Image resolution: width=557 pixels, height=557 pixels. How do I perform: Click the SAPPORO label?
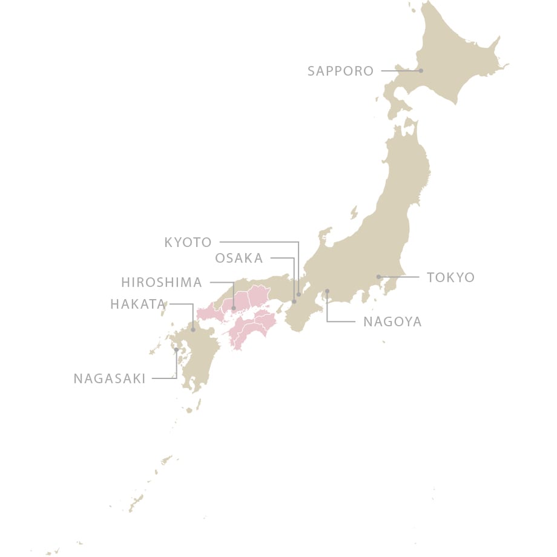tap(340, 71)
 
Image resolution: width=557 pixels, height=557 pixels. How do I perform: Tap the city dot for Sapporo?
tap(421, 71)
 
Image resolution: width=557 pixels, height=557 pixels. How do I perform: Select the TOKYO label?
tap(450, 277)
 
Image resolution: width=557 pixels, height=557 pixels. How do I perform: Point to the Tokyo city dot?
tap(378, 277)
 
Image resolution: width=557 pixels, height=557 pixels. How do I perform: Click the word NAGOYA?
tap(392, 321)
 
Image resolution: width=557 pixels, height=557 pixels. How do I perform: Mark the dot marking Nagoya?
tap(327, 291)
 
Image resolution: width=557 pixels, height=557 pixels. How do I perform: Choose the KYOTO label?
tap(188, 243)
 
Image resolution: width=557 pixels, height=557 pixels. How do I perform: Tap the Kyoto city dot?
tap(298, 294)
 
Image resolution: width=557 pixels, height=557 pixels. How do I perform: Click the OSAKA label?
tap(239, 259)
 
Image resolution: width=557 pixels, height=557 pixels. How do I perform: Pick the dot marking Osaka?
tap(294, 301)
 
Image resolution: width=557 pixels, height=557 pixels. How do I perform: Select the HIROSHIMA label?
tap(161, 283)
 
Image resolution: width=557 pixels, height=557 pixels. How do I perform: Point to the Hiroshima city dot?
tap(233, 308)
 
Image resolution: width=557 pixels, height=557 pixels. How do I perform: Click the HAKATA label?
tap(137, 304)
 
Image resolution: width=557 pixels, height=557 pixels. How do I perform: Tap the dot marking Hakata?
tap(193, 330)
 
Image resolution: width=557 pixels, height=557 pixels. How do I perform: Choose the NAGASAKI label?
tap(110, 379)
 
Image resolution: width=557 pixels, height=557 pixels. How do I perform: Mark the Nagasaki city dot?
tap(176, 349)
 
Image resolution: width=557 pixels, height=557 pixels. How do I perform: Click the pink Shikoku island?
tap(251, 327)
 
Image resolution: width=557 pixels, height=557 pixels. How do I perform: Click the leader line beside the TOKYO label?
tap(403, 277)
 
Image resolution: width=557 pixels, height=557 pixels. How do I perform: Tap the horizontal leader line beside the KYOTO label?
tap(257, 242)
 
